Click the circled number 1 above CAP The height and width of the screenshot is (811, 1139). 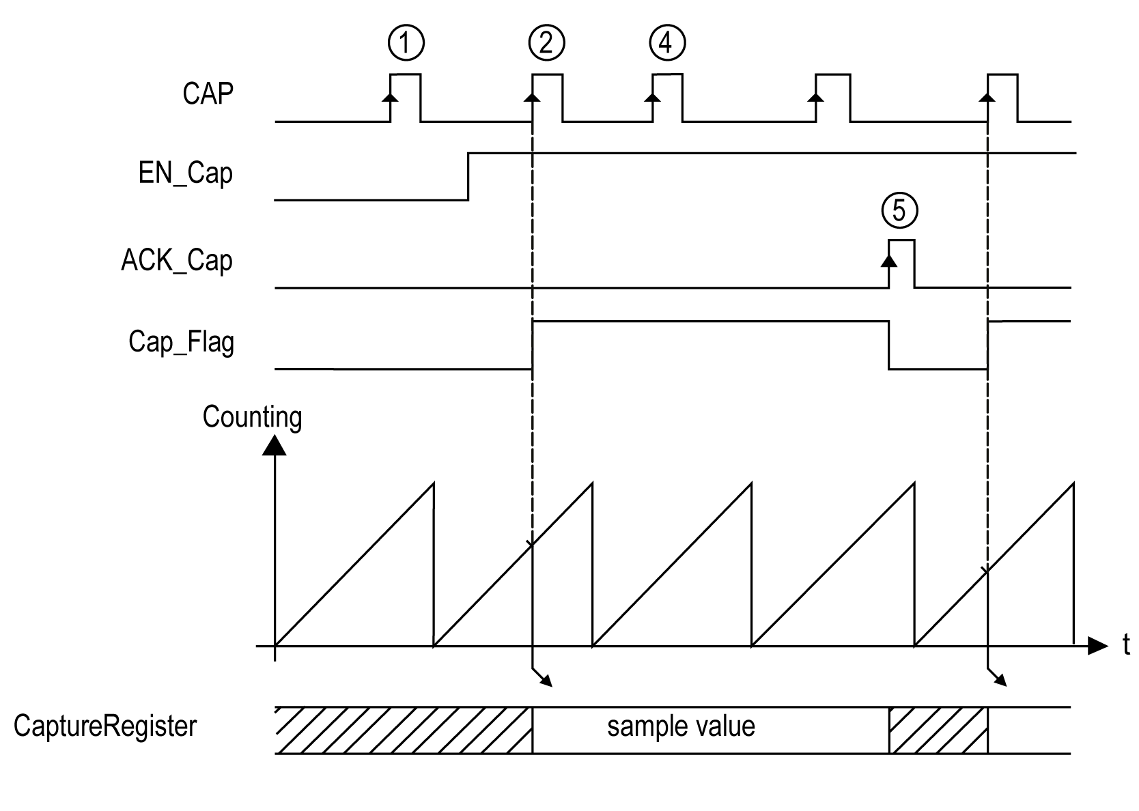(x=406, y=44)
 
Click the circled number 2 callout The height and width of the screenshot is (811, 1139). (x=546, y=44)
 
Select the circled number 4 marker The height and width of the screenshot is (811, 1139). (x=666, y=44)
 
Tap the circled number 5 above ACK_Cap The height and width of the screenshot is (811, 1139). (x=899, y=210)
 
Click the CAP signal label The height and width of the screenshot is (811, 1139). (x=208, y=94)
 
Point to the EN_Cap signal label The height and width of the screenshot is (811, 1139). (x=186, y=173)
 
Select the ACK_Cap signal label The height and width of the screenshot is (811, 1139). (x=177, y=261)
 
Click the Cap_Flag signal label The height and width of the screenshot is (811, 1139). (x=181, y=341)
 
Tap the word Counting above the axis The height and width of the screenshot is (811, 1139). (x=252, y=417)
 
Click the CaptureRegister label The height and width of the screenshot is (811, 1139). (x=105, y=726)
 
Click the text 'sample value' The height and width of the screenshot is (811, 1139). (x=681, y=726)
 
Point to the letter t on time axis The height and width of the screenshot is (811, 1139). (x=1126, y=644)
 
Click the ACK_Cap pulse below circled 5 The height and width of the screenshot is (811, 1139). (x=901, y=264)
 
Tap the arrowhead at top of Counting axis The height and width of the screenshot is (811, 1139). (x=274, y=445)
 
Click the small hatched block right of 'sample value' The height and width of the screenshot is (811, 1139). (x=938, y=730)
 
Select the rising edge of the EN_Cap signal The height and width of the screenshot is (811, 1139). (x=468, y=177)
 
